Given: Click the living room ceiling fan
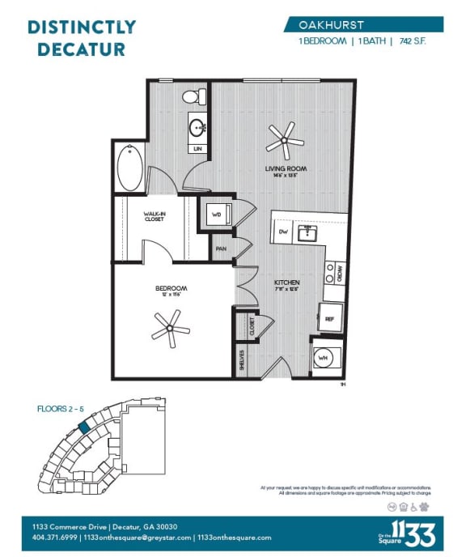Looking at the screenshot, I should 284,140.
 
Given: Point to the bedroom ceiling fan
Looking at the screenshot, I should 169,328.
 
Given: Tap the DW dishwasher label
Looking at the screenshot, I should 283,232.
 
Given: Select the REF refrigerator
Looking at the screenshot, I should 330,319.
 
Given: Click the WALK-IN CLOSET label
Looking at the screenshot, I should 155,217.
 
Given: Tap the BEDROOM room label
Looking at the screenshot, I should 172,288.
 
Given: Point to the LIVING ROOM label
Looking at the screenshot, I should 283,168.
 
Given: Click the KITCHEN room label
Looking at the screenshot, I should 287,283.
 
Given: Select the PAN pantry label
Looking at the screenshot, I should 221,249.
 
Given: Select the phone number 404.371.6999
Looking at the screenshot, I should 55,538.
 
